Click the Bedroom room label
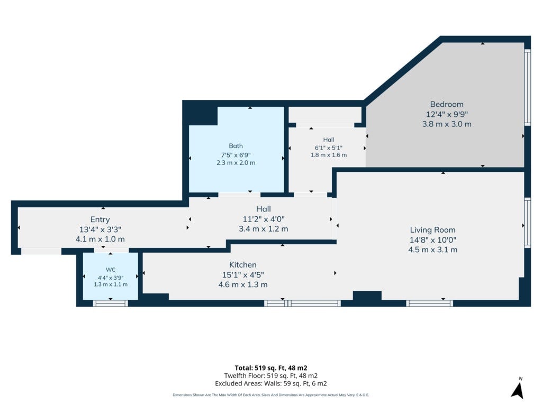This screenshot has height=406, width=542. click(x=447, y=104)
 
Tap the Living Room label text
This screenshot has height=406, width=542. click(x=433, y=230)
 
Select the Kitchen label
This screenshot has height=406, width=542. click(x=242, y=265)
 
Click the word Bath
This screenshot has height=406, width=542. click(x=236, y=146)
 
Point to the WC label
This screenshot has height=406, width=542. click(x=111, y=270)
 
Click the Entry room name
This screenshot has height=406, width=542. click(x=100, y=219)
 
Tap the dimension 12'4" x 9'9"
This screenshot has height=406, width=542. click(x=447, y=114)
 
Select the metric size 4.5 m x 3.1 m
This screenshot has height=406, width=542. click(x=433, y=250)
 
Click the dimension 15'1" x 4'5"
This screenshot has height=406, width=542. click(x=242, y=275)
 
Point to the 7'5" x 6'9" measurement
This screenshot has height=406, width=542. click(x=236, y=155)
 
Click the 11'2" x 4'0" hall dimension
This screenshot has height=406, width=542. click(x=264, y=219)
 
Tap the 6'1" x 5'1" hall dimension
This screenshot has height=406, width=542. click(x=328, y=147)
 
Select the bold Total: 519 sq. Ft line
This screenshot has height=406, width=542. click(x=270, y=368)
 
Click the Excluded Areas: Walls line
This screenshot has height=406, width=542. click(x=270, y=384)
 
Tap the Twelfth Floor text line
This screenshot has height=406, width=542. click(x=270, y=376)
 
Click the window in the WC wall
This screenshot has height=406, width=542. click(x=111, y=303)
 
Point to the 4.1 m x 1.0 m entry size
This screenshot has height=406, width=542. click(x=100, y=239)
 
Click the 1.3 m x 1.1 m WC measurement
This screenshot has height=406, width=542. click(x=111, y=284)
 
